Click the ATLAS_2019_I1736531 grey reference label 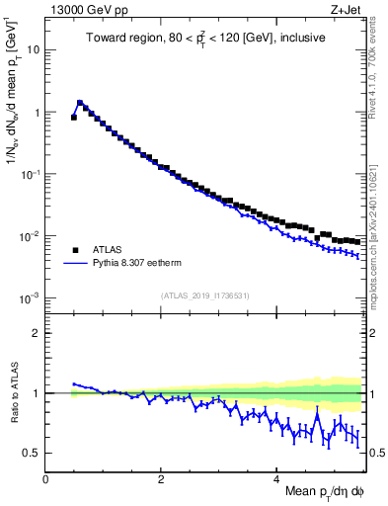(204, 295)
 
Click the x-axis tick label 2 (161, 478)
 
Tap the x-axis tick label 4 (276, 478)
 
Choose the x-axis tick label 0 (45, 478)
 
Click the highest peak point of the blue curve (80, 102)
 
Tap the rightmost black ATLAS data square (356, 241)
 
